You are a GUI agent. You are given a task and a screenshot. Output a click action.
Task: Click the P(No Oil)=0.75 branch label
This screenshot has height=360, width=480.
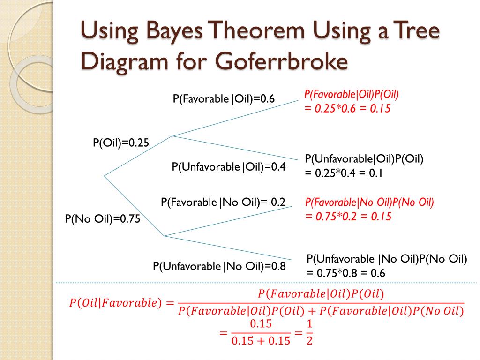click(102, 218)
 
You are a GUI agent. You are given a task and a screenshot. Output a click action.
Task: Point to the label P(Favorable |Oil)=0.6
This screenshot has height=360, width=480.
click(224, 99)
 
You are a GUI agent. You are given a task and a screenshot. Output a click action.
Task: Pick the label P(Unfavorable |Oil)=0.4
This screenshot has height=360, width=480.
click(229, 167)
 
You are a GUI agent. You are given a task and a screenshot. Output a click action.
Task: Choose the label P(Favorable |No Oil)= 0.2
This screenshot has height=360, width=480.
click(223, 202)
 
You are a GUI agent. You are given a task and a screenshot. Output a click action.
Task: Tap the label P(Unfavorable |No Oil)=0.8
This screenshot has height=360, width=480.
click(219, 266)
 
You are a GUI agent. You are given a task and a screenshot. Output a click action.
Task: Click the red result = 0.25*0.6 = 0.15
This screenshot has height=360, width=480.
click(347, 108)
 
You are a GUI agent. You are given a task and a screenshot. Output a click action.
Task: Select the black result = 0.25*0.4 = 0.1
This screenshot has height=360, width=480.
click(344, 173)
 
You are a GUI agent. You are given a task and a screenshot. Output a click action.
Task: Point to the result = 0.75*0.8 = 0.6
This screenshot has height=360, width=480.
click(345, 273)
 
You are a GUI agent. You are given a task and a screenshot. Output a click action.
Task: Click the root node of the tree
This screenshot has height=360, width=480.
click(104, 176)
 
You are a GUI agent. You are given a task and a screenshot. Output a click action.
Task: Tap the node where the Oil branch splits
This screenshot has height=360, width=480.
click(172, 136)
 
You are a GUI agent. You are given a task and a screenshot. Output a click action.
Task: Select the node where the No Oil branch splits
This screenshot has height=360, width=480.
click(164, 236)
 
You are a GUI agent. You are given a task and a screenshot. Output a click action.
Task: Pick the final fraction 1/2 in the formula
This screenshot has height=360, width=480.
click(309, 332)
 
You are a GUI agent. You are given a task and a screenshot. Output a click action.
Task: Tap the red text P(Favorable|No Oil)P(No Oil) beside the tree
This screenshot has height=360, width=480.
click(369, 202)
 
